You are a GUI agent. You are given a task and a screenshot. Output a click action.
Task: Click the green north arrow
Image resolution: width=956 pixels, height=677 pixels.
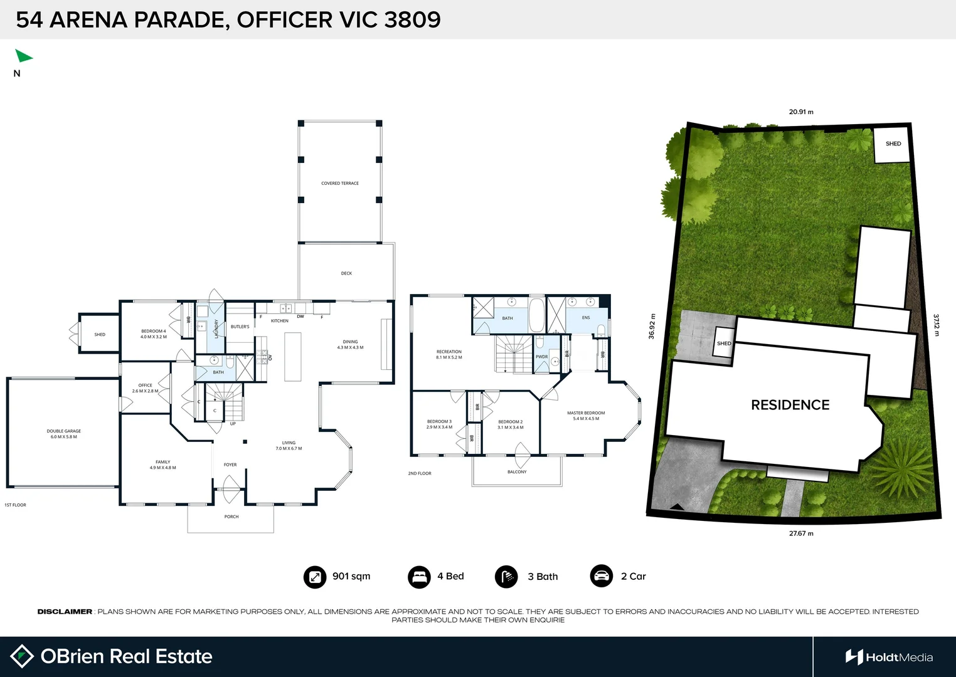click(x=23, y=56)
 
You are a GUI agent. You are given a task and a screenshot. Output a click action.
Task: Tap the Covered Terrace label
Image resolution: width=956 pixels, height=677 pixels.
click(x=340, y=184)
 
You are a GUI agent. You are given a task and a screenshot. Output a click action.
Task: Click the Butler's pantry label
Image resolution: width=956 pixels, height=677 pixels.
click(x=240, y=327)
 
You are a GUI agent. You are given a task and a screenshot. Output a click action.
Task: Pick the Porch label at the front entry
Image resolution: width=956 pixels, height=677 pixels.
click(x=231, y=517)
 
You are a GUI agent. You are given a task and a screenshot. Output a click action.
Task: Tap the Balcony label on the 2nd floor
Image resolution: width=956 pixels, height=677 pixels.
click(x=517, y=472)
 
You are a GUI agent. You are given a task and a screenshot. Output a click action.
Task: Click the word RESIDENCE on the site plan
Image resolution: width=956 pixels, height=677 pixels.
click(x=790, y=405)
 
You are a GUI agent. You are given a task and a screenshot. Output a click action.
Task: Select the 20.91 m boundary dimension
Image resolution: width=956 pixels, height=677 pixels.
click(x=801, y=112)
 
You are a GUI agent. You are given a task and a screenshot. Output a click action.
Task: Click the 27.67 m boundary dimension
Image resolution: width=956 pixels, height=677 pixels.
click(x=801, y=533)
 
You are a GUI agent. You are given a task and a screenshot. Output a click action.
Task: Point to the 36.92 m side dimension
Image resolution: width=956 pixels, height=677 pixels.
click(x=652, y=327)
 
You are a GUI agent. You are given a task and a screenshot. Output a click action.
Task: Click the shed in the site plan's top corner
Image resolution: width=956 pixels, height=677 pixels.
click(x=893, y=144)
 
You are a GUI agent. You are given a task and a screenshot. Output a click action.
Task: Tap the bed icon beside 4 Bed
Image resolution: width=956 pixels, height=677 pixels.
click(x=419, y=577)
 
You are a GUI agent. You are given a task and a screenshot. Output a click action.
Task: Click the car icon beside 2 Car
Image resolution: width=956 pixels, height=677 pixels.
click(x=602, y=576)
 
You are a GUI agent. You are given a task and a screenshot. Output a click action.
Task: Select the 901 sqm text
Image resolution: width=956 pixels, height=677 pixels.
click(x=351, y=577)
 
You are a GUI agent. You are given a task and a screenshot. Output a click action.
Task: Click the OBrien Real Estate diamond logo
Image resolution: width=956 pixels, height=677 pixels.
click(x=22, y=656)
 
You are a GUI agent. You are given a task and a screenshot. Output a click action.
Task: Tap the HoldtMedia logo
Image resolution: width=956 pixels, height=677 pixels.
click(x=889, y=657)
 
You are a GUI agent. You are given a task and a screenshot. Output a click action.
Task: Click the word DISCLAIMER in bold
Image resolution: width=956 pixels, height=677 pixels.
click(x=65, y=612)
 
